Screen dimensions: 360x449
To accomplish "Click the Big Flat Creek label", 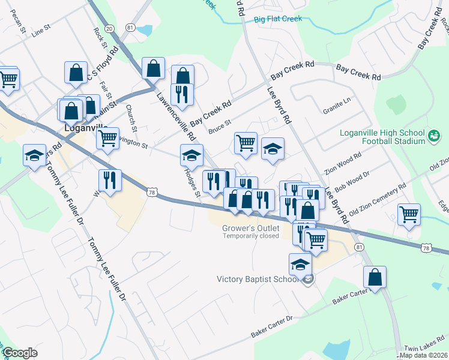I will pyautogui.click(x=277, y=19).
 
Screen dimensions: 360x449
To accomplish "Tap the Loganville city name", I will pyautogui.click(x=86, y=128).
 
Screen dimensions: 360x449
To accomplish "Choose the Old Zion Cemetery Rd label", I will pyautogui.click(x=378, y=200).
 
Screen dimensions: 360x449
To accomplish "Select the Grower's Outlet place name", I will pyautogui.click(x=250, y=228).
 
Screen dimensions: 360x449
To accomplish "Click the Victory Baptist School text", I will pyautogui.click(x=258, y=279).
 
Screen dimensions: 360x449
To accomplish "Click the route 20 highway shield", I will pyautogui.click(x=109, y=28).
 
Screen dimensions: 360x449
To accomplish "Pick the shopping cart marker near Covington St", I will pyautogui.click(x=108, y=137).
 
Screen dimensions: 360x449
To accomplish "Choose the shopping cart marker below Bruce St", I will pyautogui.click(x=246, y=143).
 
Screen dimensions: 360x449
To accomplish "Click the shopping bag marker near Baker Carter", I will pyautogui.click(x=375, y=277).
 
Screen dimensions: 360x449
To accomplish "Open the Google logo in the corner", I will pyautogui.click(x=20, y=353).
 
